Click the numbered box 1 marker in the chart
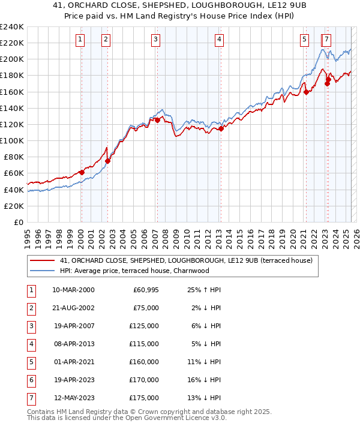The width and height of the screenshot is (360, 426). pyautogui.click(x=80, y=40)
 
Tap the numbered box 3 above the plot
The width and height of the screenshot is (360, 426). pyautogui.click(x=155, y=40)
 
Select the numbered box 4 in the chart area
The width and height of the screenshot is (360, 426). pyautogui.click(x=219, y=40)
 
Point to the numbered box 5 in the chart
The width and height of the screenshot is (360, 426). pyautogui.click(x=304, y=40)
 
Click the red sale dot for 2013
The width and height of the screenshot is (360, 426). pyautogui.click(x=221, y=128)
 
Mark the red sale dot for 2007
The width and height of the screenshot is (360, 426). pyautogui.click(x=157, y=120)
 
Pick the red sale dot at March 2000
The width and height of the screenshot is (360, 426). pyautogui.click(x=82, y=172)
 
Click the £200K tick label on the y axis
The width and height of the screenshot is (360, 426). pyautogui.click(x=12, y=59)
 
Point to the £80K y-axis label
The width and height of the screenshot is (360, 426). pyautogui.click(x=14, y=157)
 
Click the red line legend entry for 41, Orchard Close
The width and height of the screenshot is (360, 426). pyautogui.click(x=186, y=260)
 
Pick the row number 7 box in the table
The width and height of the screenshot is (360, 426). pyautogui.click(x=31, y=397)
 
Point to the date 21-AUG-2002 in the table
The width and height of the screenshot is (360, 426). pyautogui.click(x=73, y=307)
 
